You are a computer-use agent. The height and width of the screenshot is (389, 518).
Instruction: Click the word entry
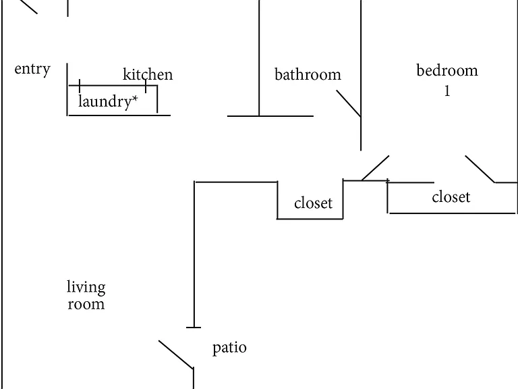click(32, 70)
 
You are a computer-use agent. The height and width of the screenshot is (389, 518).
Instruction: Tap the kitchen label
click(148, 74)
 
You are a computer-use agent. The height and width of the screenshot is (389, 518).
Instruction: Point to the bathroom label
click(308, 74)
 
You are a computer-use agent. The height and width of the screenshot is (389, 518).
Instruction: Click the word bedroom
click(447, 70)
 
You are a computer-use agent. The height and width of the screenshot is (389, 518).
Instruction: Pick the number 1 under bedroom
click(447, 90)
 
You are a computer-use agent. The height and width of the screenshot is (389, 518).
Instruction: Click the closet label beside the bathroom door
click(313, 203)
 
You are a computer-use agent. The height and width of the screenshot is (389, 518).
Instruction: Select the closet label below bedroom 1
click(451, 197)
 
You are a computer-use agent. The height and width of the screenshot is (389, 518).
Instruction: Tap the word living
click(86, 287)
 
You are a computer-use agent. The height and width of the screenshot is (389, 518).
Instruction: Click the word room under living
click(86, 304)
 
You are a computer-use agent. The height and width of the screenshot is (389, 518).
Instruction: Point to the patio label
click(229, 348)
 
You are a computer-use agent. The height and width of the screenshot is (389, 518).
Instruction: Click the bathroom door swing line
click(349, 103)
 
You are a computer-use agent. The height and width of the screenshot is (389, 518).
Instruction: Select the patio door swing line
click(176, 355)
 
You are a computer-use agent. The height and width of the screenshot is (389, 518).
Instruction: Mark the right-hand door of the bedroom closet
click(480, 169)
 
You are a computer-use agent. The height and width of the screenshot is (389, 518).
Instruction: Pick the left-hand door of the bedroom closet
click(375, 168)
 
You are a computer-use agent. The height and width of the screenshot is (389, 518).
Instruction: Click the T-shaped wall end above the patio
click(194, 328)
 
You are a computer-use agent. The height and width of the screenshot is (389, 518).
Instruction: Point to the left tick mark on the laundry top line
click(80, 86)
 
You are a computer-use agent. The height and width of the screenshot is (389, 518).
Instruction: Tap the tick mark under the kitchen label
click(146, 86)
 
